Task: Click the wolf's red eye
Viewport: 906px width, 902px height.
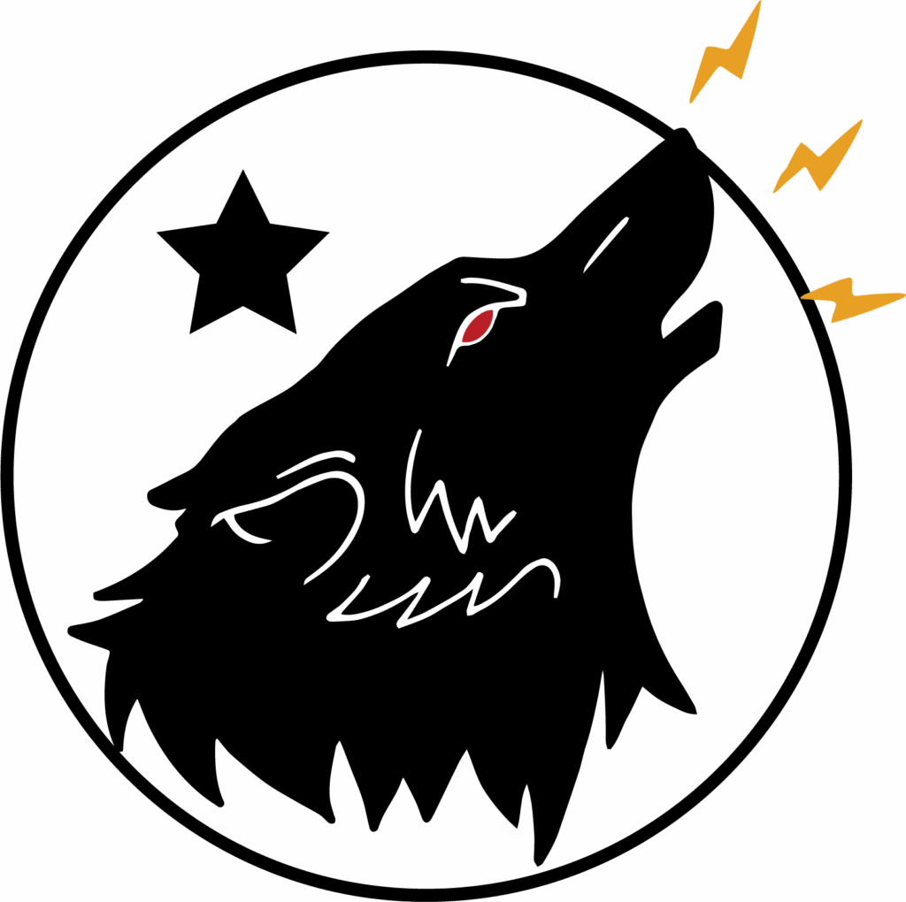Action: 478,325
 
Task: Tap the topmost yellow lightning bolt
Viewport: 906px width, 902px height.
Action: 727,53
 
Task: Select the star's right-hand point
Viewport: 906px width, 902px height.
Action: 327,233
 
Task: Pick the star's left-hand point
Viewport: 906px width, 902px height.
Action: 157,233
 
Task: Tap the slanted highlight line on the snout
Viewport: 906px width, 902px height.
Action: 607,243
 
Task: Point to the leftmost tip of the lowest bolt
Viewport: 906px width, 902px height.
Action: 802,298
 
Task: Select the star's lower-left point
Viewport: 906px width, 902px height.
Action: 191,333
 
